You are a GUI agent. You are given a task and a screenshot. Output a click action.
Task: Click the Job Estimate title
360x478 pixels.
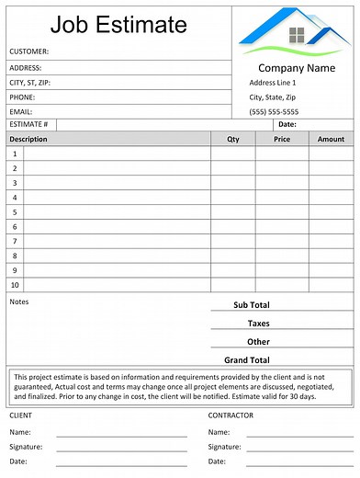pyautogui.click(x=118, y=24)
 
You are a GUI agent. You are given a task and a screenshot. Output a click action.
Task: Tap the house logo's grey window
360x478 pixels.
pyautogui.click(x=297, y=35)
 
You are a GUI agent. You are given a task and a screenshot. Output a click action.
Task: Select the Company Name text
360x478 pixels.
pyautogui.click(x=297, y=68)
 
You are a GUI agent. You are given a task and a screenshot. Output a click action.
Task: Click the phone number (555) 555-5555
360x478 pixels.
pyautogui.click(x=274, y=111)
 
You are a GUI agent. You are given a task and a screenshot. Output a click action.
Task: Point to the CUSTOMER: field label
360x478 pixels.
pyautogui.click(x=29, y=51)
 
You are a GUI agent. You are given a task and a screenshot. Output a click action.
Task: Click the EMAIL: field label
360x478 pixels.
pyautogui.click(x=21, y=111)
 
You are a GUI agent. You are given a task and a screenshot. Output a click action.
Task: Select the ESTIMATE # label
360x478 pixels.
pyautogui.click(x=28, y=124)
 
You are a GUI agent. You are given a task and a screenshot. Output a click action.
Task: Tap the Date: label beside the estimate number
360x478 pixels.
pyautogui.click(x=287, y=124)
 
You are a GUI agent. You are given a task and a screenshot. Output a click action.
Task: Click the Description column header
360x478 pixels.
pyautogui.click(x=28, y=139)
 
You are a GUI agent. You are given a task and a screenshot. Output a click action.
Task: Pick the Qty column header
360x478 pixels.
pyautogui.click(x=232, y=139)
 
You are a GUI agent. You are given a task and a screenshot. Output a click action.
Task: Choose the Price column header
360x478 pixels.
pyautogui.click(x=282, y=139)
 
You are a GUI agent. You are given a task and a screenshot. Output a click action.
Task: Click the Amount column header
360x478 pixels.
pyautogui.click(x=331, y=139)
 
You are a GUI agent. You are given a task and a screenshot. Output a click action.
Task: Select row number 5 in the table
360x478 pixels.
pyautogui.click(x=15, y=211)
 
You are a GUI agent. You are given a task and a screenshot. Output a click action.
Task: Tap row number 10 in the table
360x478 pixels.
pyautogui.click(x=15, y=285)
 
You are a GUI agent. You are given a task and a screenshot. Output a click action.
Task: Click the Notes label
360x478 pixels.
pyautogui.click(x=19, y=301)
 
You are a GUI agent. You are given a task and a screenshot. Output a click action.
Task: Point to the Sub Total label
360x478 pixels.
pyautogui.click(x=251, y=305)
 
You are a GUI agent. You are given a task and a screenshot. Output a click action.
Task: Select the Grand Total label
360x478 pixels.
pyautogui.click(x=247, y=360)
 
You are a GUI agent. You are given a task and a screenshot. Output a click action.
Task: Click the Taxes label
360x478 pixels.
pyautogui.click(x=258, y=324)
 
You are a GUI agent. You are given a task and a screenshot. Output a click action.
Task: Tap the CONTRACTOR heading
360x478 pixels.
pyautogui.click(x=231, y=415)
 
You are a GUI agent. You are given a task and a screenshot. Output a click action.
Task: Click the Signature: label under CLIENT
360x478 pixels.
pyautogui.click(x=28, y=447)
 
